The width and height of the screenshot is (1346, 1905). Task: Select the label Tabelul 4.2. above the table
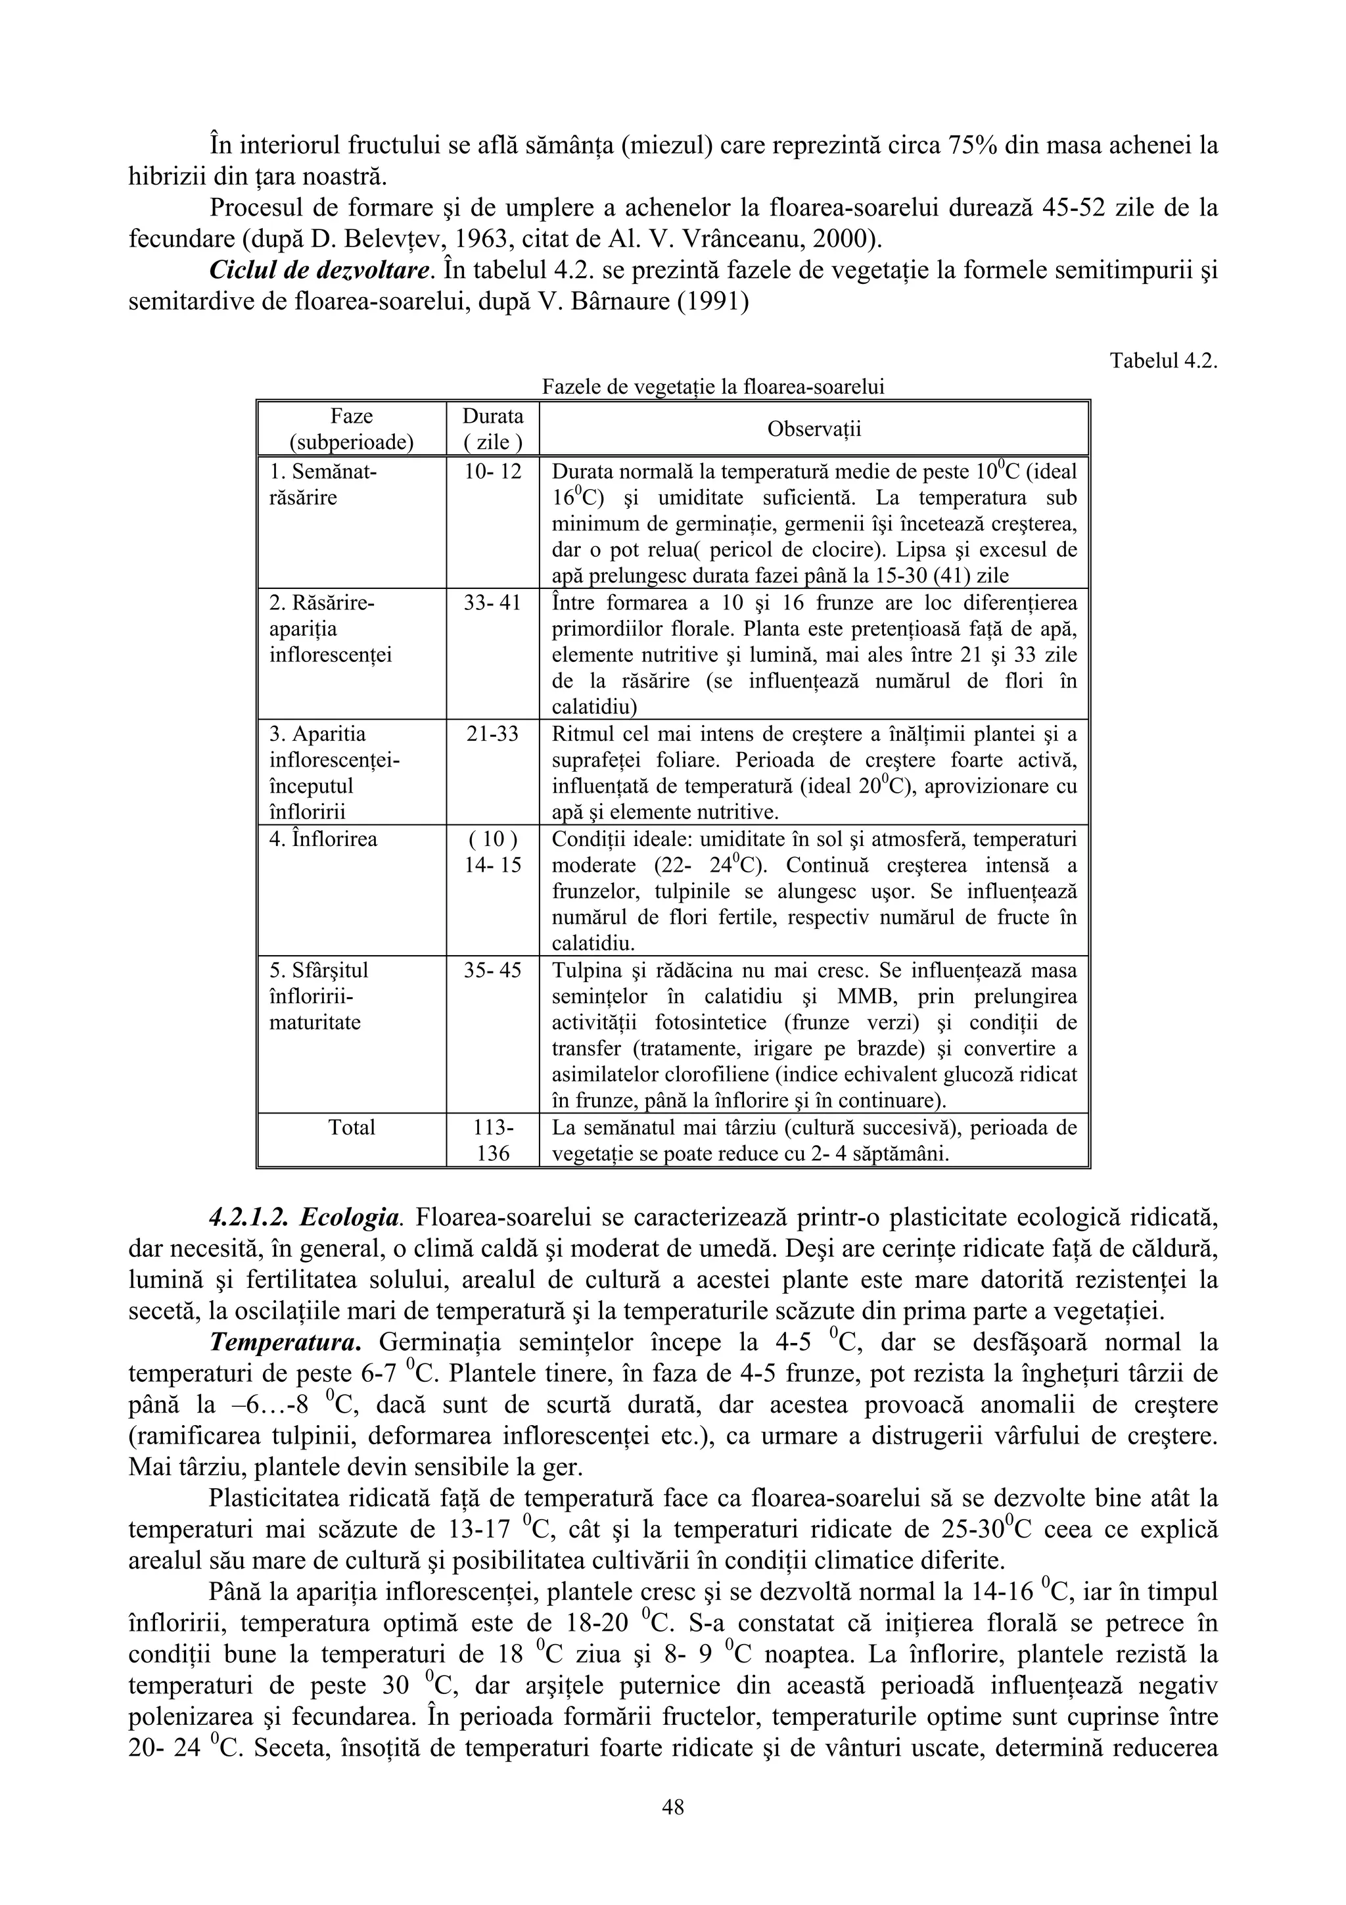1163,361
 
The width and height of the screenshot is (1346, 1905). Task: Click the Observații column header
814,429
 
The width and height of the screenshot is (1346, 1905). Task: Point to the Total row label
352,1127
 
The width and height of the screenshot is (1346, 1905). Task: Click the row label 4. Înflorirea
323,839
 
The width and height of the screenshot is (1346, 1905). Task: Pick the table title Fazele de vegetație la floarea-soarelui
712,387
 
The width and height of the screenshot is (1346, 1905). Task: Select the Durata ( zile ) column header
493,429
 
